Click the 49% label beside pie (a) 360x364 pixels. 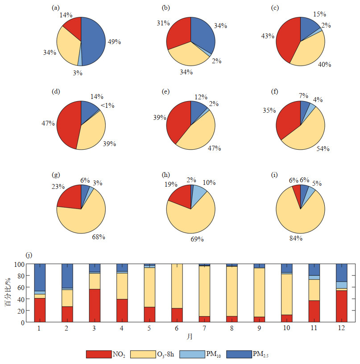[x=115, y=42]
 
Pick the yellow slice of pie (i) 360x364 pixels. [x=300, y=218]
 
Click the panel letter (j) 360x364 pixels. [x=29, y=255]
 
